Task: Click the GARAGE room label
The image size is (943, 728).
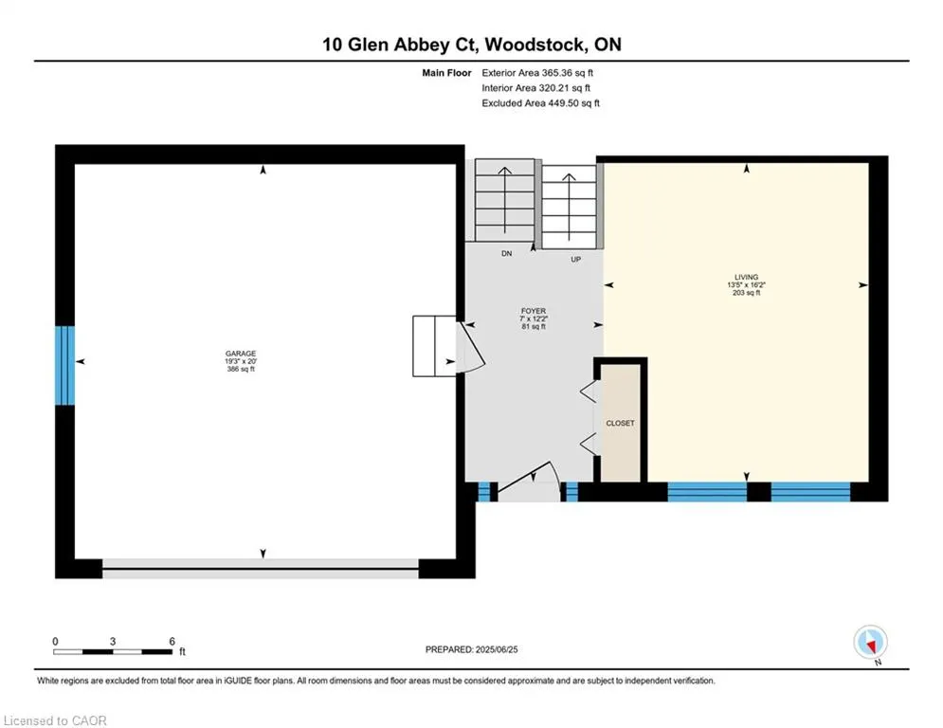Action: click(241, 354)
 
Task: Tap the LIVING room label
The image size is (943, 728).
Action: click(746, 278)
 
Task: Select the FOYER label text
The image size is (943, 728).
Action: click(534, 311)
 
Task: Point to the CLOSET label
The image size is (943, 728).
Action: click(620, 424)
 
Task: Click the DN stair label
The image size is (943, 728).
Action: click(507, 254)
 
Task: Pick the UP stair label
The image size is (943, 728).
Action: click(575, 260)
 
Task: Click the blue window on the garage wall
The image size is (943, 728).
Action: click(65, 365)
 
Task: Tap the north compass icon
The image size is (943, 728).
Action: click(870, 643)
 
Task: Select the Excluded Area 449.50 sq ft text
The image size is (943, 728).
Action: click(540, 103)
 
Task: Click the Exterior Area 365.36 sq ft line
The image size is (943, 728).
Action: click(537, 73)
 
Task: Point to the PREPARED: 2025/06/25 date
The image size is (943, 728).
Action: click(472, 649)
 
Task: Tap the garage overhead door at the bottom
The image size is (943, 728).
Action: click(261, 569)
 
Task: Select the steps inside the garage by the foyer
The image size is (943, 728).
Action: click(434, 346)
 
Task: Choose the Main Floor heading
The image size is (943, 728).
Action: click(446, 73)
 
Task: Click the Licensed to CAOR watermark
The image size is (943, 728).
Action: click(55, 720)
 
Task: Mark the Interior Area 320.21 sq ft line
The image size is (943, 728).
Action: click(535, 88)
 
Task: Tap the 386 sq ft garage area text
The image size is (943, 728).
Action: click(241, 370)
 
